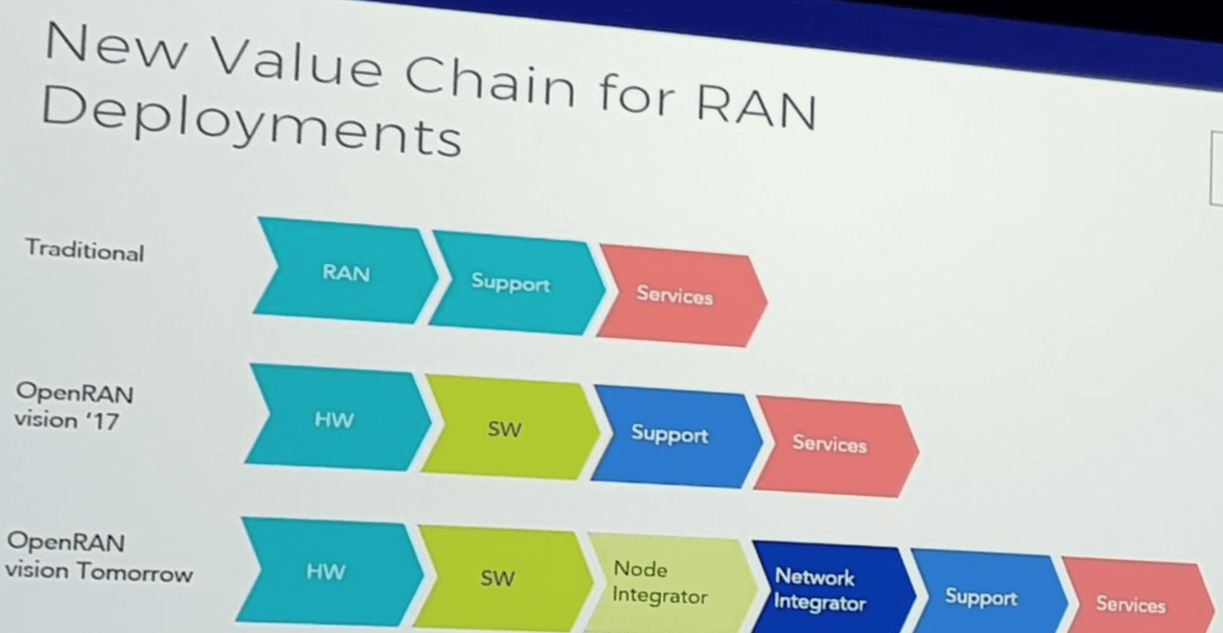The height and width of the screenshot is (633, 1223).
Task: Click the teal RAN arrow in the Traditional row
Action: pyautogui.click(x=346, y=272)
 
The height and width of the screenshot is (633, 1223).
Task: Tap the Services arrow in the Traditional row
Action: pyautogui.click(x=675, y=295)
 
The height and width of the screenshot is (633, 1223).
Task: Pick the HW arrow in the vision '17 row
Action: pyautogui.click(x=334, y=419)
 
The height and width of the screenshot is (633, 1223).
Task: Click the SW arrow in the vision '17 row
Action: pyautogui.click(x=504, y=428)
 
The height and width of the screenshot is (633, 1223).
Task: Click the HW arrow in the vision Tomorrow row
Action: pyautogui.click(x=325, y=571)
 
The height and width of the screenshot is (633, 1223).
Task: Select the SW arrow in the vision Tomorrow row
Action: pyautogui.click(x=497, y=578)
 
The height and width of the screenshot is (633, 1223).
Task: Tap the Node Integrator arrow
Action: pyautogui.click(x=661, y=582)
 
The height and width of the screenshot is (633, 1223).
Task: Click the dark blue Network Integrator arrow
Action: pyautogui.click(x=820, y=590)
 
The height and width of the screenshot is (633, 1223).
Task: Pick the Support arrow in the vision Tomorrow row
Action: pyautogui.click(x=982, y=597)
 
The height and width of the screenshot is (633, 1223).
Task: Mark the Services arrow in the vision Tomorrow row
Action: pyautogui.click(x=1131, y=604)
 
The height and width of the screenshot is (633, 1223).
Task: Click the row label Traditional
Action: pyautogui.click(x=85, y=250)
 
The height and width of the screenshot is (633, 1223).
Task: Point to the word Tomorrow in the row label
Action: pyautogui.click(x=135, y=572)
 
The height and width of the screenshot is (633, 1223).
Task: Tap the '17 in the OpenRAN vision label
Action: pyautogui.click(x=103, y=421)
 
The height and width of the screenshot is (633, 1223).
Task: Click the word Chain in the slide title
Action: pyautogui.click(x=490, y=80)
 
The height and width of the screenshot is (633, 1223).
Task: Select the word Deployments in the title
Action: pyautogui.click(x=251, y=121)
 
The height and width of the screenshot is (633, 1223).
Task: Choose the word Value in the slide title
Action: pyautogui.click(x=296, y=61)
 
